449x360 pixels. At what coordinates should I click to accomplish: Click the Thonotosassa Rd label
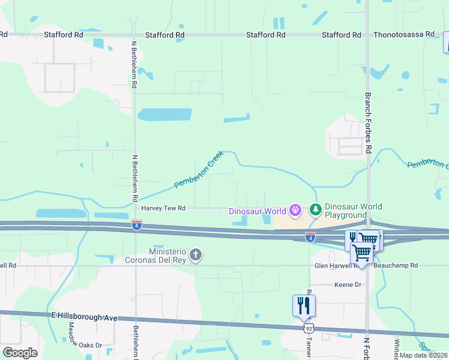point(404,35)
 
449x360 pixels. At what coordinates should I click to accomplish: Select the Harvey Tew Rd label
point(163,208)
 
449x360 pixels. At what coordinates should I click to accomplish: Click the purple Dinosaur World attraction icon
point(295,211)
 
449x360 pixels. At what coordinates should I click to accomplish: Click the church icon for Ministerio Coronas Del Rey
point(195,256)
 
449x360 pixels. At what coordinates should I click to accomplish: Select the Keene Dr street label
point(348,285)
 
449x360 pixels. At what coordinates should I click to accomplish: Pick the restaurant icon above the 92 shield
point(304,305)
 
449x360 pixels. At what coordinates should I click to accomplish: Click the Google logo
point(20,353)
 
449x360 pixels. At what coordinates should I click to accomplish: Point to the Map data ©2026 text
point(423,355)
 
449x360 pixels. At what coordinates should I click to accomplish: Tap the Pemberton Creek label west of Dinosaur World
point(199,170)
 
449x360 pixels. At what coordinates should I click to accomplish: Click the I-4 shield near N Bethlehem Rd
point(137,224)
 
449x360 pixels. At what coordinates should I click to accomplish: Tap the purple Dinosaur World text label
point(257,211)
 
